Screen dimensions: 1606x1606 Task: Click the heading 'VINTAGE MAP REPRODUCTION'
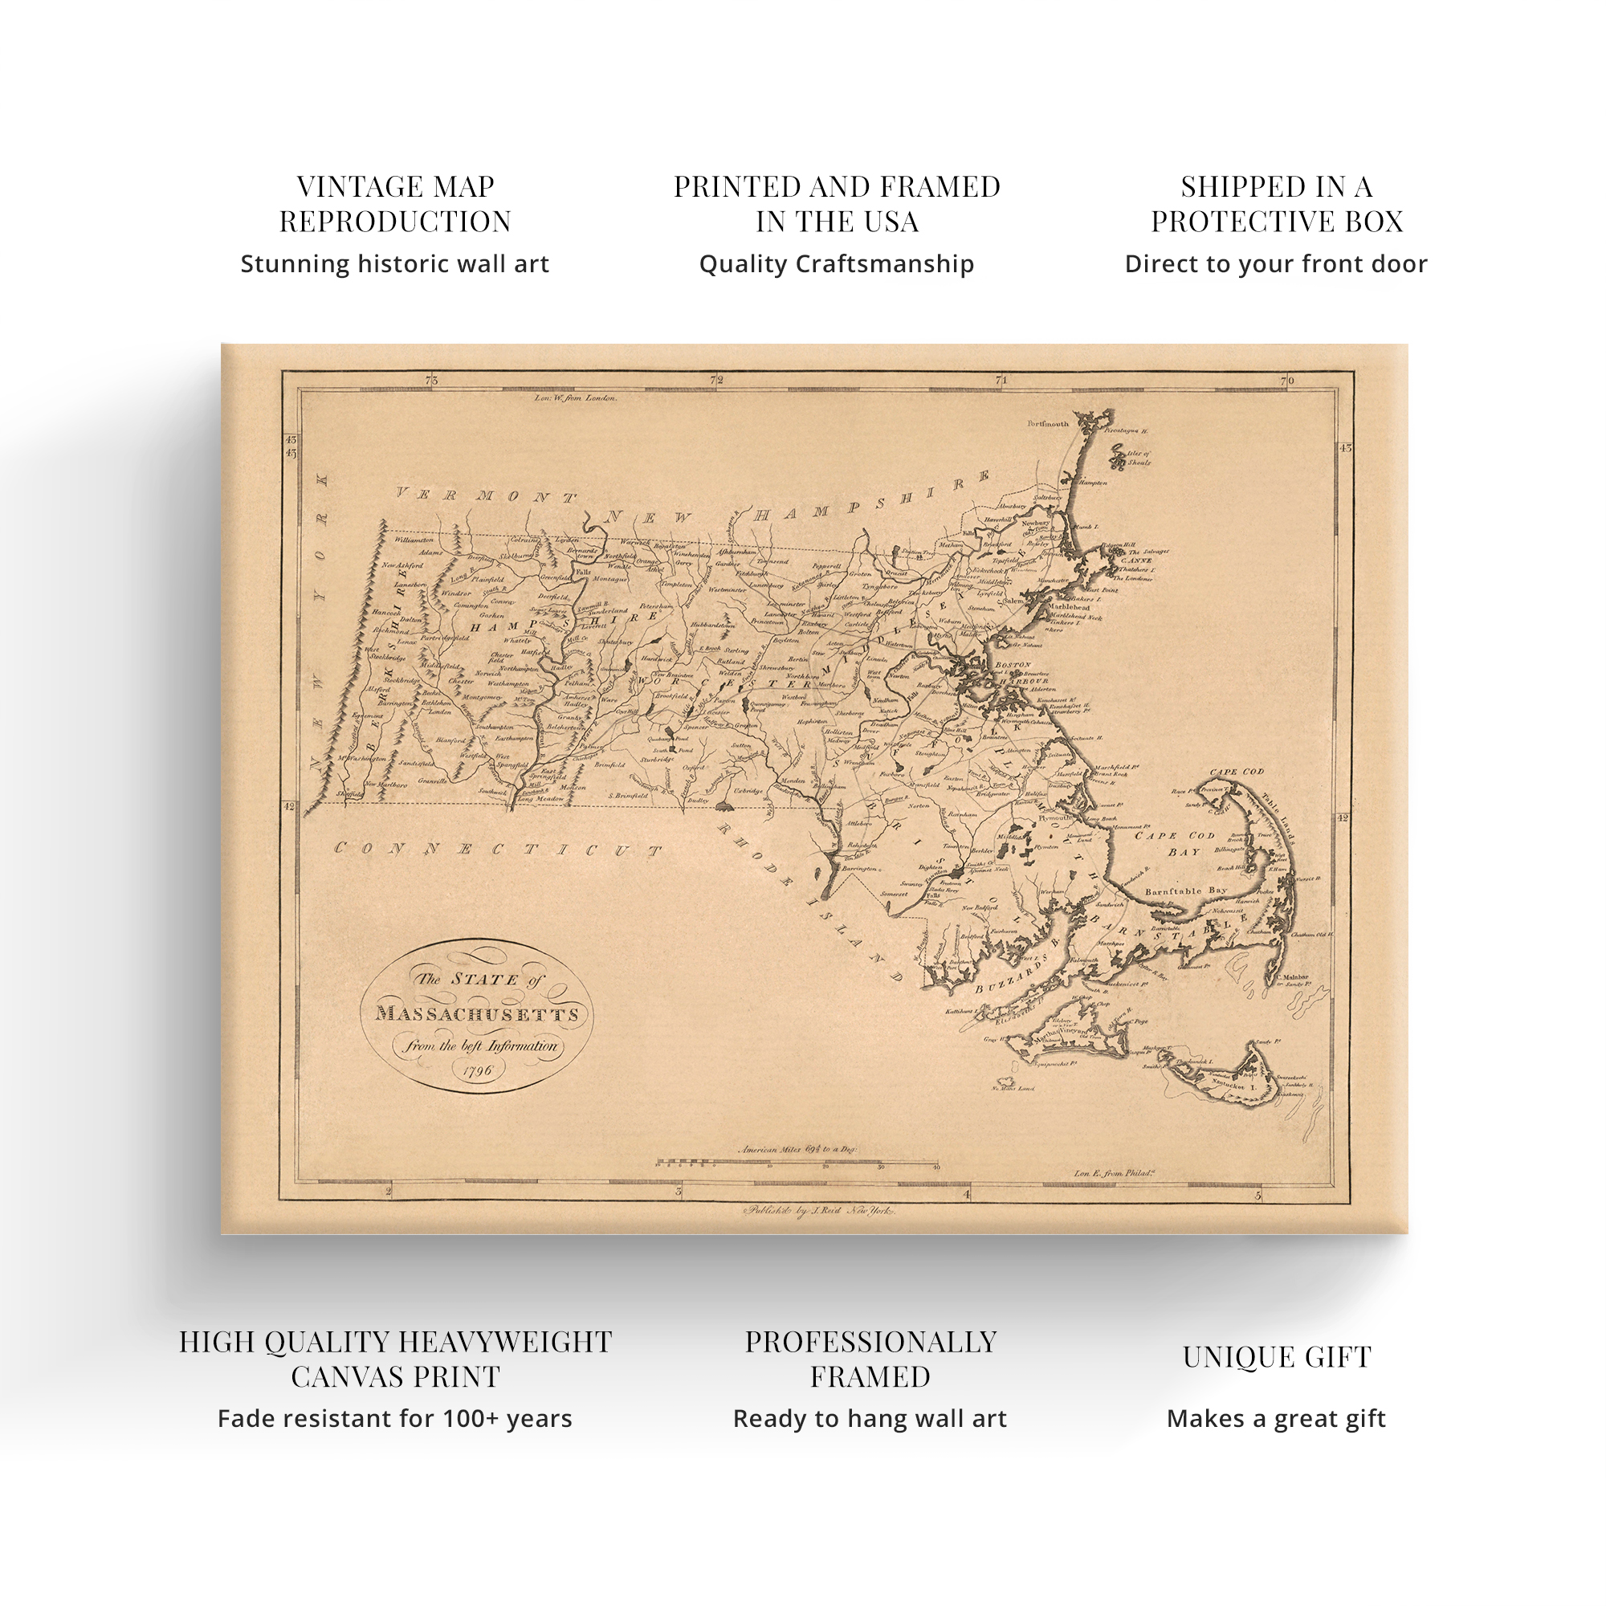395,204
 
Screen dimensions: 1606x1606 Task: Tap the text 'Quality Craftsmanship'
836,264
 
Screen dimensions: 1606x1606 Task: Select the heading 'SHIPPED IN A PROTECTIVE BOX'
1276,204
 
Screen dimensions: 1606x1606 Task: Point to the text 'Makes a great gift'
1276,1419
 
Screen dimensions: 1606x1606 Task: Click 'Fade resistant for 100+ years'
395,1419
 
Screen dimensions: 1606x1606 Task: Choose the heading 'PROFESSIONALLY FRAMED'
870,1359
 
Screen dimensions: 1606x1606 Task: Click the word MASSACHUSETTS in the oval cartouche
477,1014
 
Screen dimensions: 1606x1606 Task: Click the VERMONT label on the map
486,496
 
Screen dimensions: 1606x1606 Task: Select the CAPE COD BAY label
1179,844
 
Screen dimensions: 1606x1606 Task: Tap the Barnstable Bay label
1185,891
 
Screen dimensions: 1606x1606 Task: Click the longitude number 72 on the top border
716,380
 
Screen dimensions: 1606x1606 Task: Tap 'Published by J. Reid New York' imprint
819,1212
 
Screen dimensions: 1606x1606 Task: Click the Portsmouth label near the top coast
1047,424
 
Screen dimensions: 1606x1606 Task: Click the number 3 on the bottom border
679,1192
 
